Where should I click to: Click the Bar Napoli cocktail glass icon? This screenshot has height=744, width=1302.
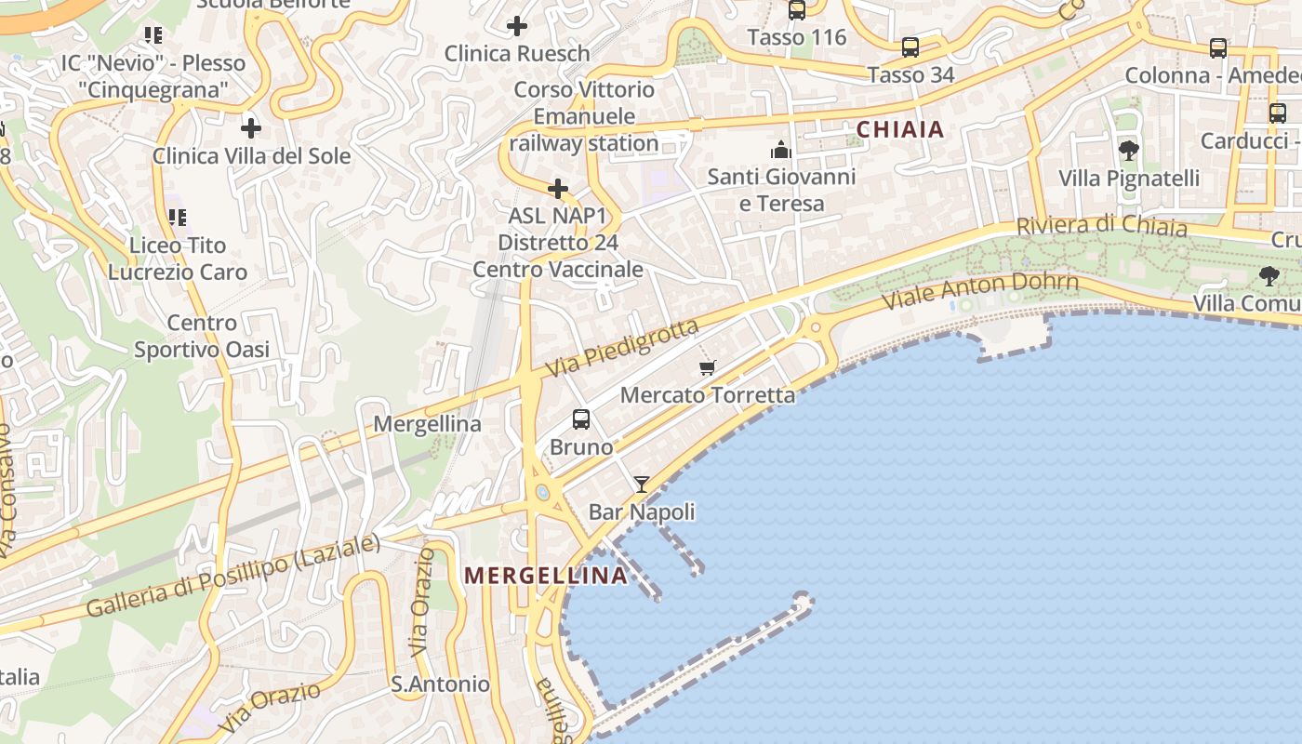coord(642,484)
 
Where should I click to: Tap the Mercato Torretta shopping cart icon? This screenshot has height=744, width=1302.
coord(708,367)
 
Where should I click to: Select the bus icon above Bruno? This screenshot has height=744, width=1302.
coord(581,419)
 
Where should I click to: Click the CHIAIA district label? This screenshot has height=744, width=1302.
coord(900,129)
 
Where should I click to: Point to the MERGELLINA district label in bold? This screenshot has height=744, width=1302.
coord(546,576)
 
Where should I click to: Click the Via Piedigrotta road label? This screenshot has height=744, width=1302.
coord(621,348)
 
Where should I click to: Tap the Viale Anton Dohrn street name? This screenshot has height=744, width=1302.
coord(980,290)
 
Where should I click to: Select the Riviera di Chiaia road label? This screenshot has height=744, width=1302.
coord(1101,226)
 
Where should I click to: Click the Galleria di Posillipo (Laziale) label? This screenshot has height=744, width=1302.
coord(233,577)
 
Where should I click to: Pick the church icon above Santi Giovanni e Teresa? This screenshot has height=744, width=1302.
coord(780,150)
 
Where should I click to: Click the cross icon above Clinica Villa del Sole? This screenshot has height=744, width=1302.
coord(251,128)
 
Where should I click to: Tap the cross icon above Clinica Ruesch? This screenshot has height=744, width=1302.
coord(517,26)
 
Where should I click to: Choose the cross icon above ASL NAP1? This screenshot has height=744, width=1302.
coord(558,190)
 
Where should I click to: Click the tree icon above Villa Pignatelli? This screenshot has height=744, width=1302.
coord(1129,150)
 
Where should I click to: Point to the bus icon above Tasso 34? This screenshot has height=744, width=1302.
coord(910,47)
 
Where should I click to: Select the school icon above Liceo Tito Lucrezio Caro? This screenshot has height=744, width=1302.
coord(177,219)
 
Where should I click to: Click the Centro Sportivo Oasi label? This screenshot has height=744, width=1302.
coord(202,336)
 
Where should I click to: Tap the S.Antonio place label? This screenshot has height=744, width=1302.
coord(440,684)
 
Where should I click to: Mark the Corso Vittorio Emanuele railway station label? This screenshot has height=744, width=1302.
coord(584,116)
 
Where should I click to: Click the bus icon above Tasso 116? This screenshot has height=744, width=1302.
coord(797,10)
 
